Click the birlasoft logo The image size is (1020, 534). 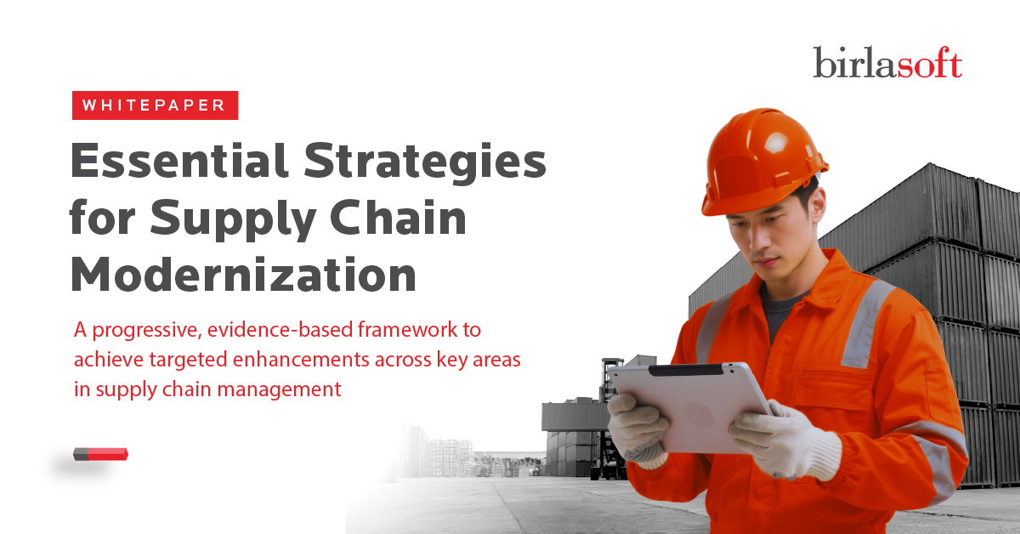tap(887, 62)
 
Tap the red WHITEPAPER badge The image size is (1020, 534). tap(156, 105)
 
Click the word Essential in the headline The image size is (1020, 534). tap(179, 161)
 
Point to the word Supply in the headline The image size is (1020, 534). tap(233, 219)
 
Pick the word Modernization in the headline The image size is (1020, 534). tap(244, 274)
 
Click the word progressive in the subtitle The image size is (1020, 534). tap(146, 330)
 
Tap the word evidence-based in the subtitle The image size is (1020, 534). tap(280, 329)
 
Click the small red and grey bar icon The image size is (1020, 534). tap(100, 454)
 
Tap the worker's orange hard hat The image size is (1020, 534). tap(763, 162)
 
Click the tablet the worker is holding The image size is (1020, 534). tap(692, 406)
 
